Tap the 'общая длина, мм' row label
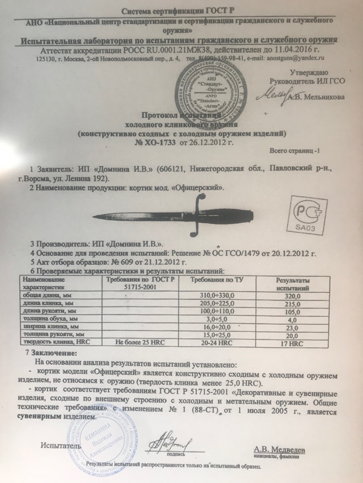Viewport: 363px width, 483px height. pyautogui.click(x=42, y=296)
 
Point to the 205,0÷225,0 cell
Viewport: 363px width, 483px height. pyautogui.click(x=218, y=304)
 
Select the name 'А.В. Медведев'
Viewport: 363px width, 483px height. pyautogui.click(x=279, y=448)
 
